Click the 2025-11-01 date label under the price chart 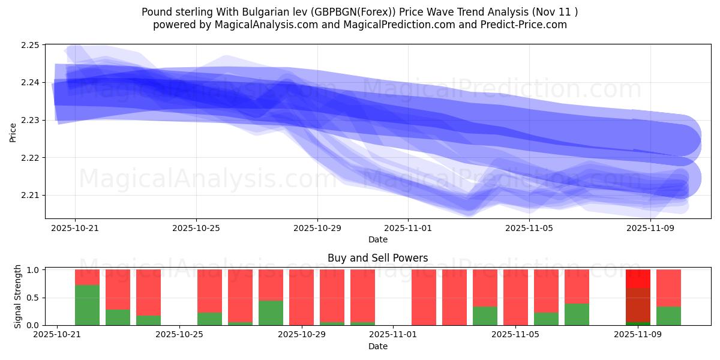tap(408, 228)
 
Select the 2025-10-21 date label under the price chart tap(75, 228)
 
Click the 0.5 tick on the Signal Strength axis tap(35, 298)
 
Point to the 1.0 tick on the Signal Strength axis tap(35, 270)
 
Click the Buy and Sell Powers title tap(377, 258)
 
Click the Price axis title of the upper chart tap(13, 131)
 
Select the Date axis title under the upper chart tap(377, 239)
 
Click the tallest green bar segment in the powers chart tap(87, 305)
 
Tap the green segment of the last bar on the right tap(668, 316)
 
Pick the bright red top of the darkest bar tap(638, 278)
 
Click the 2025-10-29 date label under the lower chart tap(302, 335)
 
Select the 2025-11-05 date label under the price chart tap(529, 228)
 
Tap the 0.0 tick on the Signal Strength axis tap(35, 325)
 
